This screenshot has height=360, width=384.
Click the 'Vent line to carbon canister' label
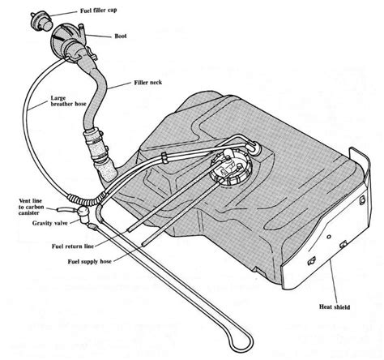point(30,208)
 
